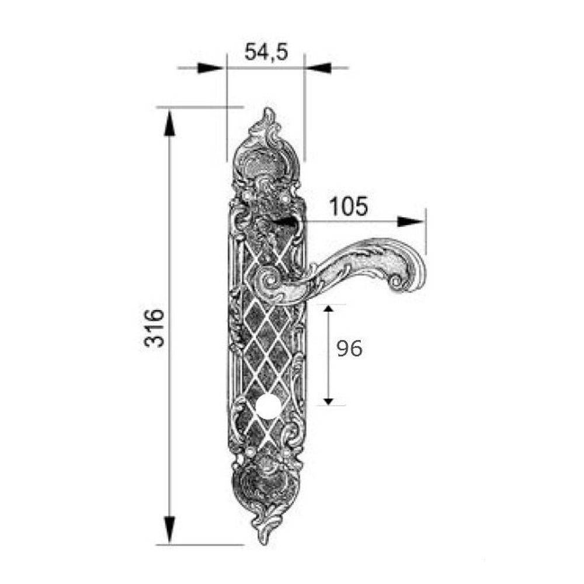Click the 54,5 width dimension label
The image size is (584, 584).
pos(266,52)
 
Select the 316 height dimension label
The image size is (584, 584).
pos(154,328)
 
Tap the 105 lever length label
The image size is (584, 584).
pos(349,206)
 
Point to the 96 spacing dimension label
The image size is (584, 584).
pos(349,349)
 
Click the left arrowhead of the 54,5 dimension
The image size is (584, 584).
pos(211,68)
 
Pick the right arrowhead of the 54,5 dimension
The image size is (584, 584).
pos(318,68)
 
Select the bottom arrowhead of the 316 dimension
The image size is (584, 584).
pos(169,530)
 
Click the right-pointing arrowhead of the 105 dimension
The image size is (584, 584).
pos(411,221)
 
